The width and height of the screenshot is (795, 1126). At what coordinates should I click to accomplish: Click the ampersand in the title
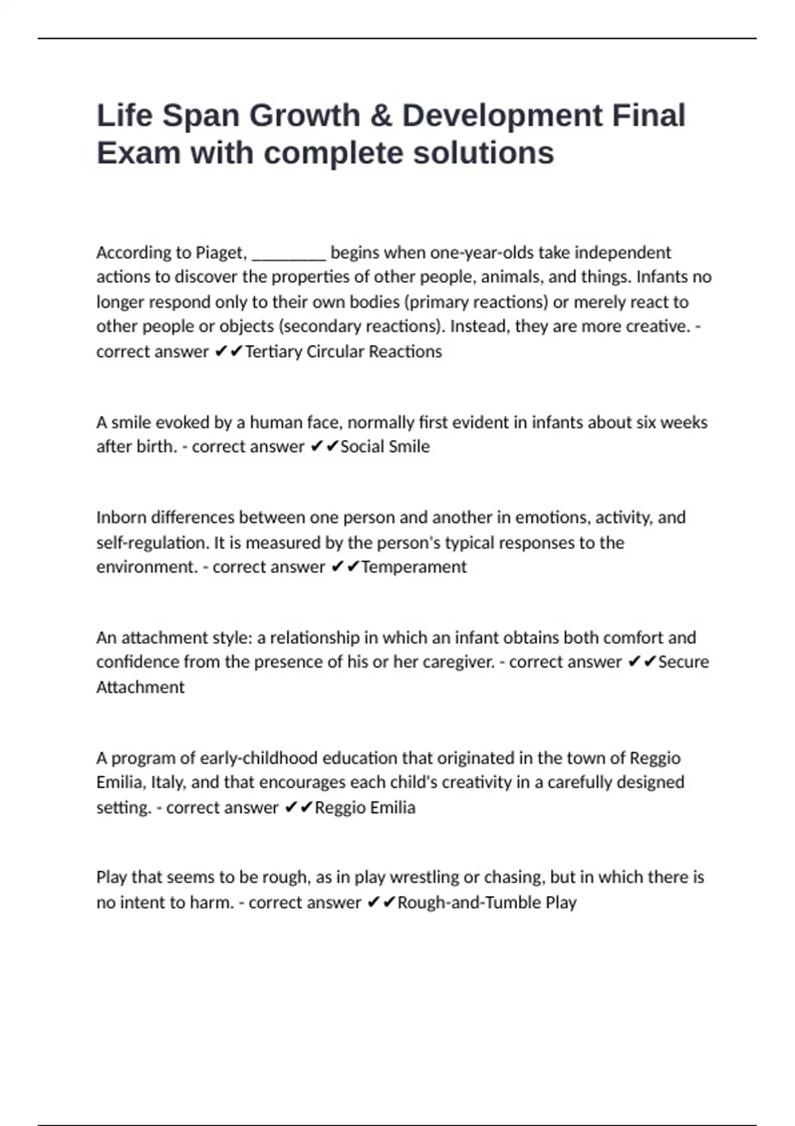pyautogui.click(x=382, y=115)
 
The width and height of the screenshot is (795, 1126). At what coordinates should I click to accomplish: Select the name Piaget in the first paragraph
pyautogui.click(x=221, y=252)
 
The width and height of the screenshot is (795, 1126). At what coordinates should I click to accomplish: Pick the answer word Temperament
pyautogui.click(x=413, y=567)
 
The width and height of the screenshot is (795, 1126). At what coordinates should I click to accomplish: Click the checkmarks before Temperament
pyautogui.click(x=344, y=567)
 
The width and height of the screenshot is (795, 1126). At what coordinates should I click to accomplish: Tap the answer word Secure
pyautogui.click(x=683, y=662)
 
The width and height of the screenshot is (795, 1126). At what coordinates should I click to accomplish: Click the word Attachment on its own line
pyautogui.click(x=140, y=687)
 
